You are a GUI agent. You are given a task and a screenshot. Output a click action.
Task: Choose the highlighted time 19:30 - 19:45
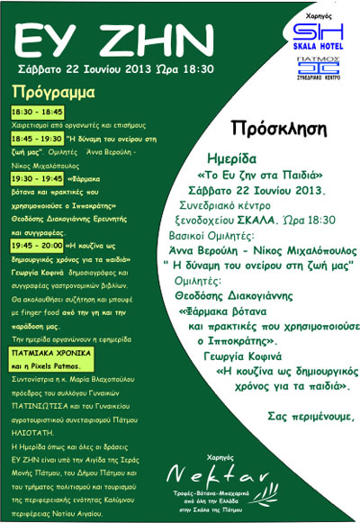click(36, 178)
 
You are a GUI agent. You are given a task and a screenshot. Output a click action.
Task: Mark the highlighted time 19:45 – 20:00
click(36, 244)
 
